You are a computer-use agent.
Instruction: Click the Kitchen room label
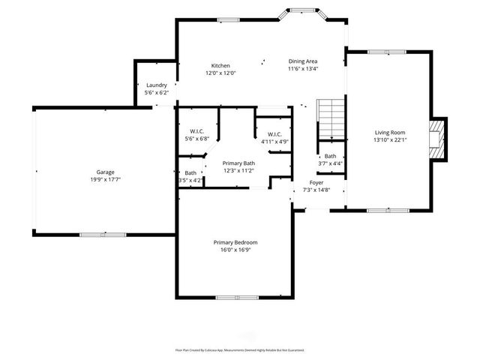coord(220,65)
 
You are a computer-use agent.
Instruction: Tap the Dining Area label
coord(303,61)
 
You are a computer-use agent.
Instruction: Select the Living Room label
coord(390,132)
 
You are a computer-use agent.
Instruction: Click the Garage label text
coord(104,172)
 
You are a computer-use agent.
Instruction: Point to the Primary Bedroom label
coord(235,242)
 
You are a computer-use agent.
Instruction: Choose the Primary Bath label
coord(238,163)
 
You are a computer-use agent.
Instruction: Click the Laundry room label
coord(156,85)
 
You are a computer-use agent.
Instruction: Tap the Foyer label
coord(317,183)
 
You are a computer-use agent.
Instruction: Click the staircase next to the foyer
coord(329,119)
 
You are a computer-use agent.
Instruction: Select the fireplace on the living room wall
coord(436,139)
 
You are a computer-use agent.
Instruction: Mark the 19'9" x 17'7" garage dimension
coord(104,179)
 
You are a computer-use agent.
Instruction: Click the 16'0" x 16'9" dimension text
coord(235,250)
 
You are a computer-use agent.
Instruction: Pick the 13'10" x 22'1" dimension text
coord(390,139)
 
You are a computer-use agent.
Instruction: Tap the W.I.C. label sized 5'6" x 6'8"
coord(197,131)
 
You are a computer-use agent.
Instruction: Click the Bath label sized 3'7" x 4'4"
coord(330,156)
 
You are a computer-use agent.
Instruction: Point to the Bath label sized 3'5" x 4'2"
coord(190,173)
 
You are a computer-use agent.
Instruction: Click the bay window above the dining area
coord(305,11)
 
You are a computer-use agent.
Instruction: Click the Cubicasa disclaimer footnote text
coord(239,349)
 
